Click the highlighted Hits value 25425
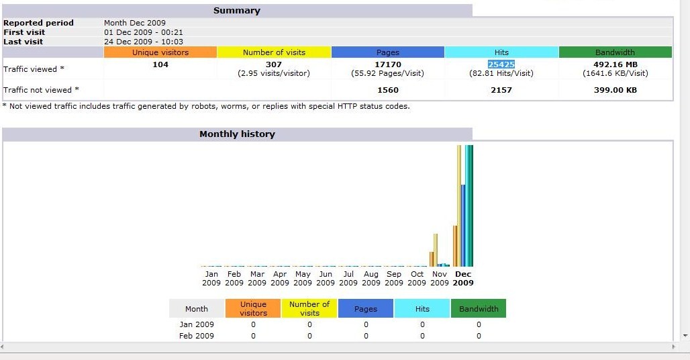(501, 64)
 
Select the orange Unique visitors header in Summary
(160, 52)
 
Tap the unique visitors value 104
(160, 64)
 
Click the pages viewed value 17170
(388, 64)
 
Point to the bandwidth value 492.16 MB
(615, 64)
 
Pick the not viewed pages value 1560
(388, 90)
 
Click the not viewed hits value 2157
(501, 90)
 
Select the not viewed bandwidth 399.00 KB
(615, 90)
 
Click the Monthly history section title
(237, 134)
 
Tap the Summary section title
(236, 11)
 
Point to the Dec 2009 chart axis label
(463, 279)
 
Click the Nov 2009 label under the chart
(440, 279)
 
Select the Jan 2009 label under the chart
(211, 279)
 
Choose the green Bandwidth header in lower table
(479, 309)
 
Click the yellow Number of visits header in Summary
(274, 52)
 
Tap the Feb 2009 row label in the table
(197, 336)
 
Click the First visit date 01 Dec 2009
(144, 32)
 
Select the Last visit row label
(23, 42)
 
